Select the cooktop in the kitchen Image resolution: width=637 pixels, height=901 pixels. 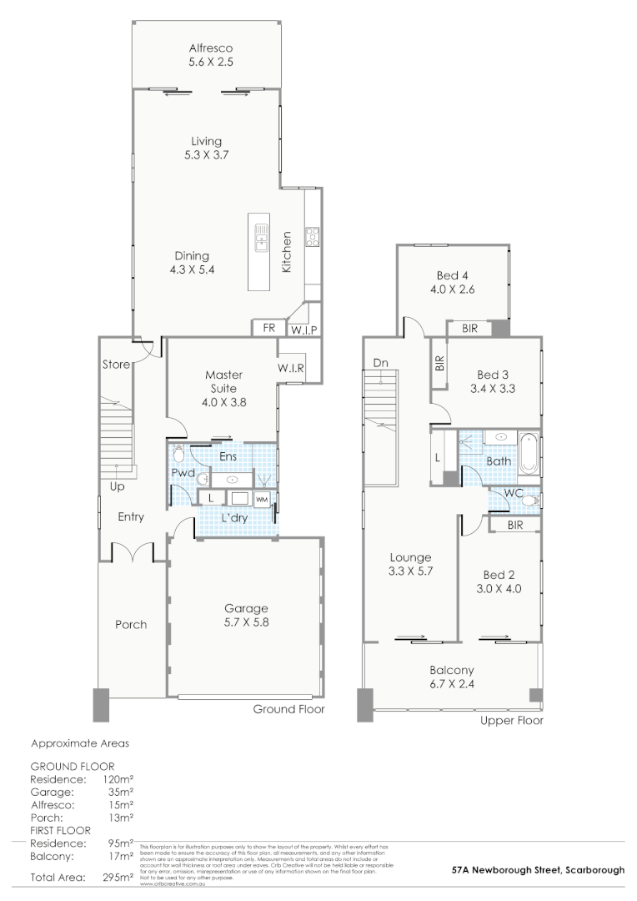313,237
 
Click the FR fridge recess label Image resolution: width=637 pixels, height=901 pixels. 268,329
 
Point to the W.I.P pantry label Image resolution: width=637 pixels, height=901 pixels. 301,330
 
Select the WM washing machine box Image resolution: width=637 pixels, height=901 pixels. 262,499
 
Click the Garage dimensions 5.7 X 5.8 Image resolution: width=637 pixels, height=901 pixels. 245,622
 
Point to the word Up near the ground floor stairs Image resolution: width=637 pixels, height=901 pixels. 117,486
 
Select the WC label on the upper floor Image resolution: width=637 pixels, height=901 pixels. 513,493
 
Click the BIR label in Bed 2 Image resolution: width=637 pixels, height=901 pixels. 514,525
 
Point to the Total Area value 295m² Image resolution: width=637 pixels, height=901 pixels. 117,878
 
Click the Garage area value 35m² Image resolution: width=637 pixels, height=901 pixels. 121,792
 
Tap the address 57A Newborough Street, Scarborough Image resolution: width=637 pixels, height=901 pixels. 538,869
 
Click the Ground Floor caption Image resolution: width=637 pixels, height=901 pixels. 288,709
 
